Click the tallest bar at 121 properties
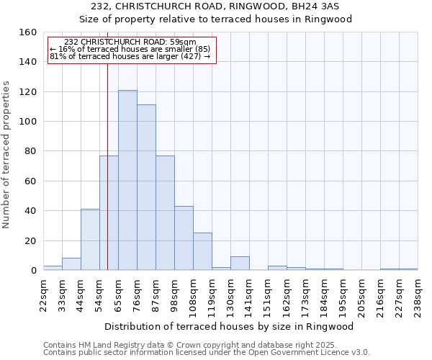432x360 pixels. [x=127, y=180]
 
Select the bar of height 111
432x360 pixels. [x=146, y=187]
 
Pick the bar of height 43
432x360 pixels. [x=184, y=238]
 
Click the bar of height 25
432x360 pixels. [x=202, y=251]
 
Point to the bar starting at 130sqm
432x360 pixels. [x=240, y=264]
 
